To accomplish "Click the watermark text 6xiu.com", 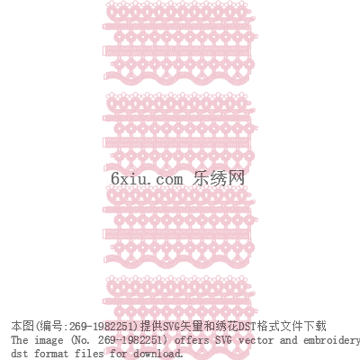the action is tap(147, 179).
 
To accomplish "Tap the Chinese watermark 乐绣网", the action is tap(219, 178).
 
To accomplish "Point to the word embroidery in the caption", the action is tap(331, 341).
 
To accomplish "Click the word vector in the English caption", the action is tap(256, 340).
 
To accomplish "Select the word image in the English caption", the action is tap(49, 341).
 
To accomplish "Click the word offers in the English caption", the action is tap(192, 340).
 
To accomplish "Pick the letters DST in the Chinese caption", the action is tap(247, 326).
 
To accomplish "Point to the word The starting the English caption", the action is tap(20, 340).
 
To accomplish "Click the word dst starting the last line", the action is tap(20, 353).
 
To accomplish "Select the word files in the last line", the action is tap(89, 353).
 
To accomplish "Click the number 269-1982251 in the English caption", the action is tap(132, 340).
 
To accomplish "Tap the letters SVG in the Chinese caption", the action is tap(172, 326).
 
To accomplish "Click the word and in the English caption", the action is tap(288, 340).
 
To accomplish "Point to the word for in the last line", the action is tap(118, 353).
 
